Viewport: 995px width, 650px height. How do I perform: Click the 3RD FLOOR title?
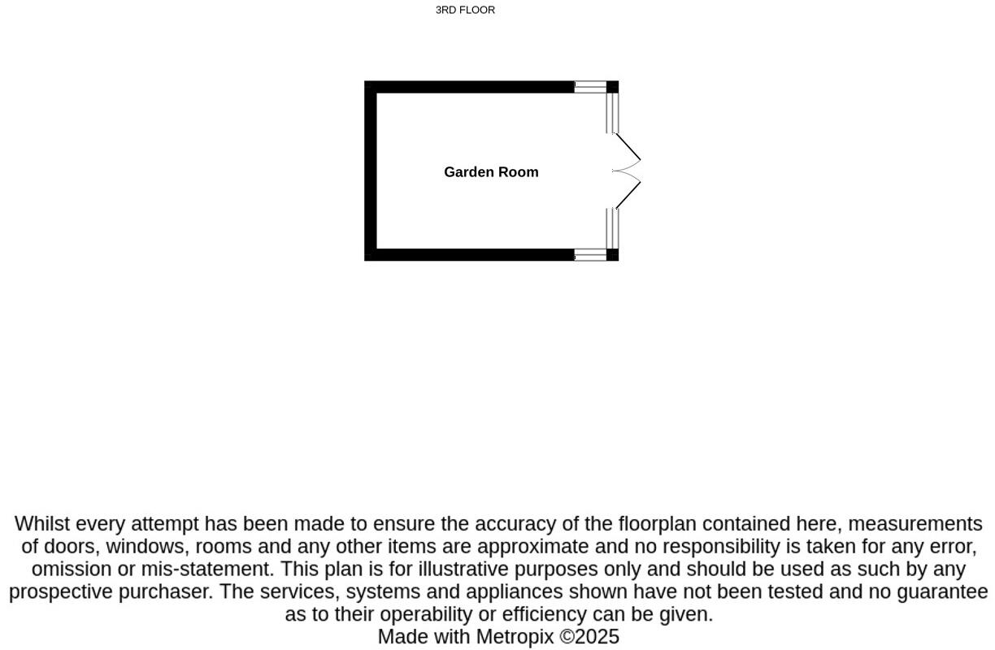point(465,11)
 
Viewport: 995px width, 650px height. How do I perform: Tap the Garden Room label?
point(491,172)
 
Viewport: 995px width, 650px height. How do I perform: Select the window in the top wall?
point(590,87)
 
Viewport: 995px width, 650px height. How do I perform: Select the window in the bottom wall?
point(590,255)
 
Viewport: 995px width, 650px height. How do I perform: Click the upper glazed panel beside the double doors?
point(612,113)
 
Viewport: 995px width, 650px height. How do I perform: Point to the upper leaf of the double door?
point(628,147)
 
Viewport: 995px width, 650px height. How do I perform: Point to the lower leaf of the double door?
point(628,195)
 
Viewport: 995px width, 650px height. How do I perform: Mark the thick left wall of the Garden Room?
point(371,171)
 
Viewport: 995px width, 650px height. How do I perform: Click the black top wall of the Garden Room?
point(471,87)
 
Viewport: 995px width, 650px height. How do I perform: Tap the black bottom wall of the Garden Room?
point(471,254)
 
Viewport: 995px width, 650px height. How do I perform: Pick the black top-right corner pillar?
point(613,87)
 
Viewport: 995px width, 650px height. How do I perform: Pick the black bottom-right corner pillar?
point(613,255)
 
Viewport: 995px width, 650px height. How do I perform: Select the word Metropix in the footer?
point(515,637)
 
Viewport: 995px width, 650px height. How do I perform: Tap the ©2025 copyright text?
point(589,637)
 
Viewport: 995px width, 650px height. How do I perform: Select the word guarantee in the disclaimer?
point(942,592)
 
